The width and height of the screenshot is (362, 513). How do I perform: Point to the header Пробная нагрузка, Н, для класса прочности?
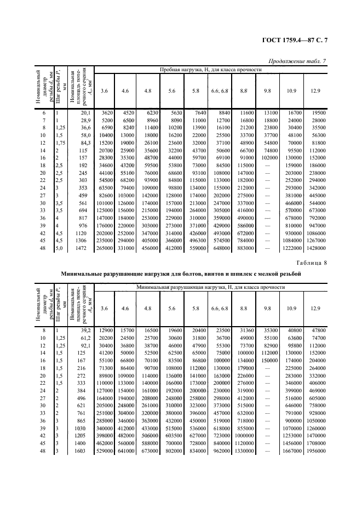click(x=211, y=70)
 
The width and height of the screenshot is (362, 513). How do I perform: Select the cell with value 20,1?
click(x=85, y=112)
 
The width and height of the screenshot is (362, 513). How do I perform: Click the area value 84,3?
click(x=85, y=142)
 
